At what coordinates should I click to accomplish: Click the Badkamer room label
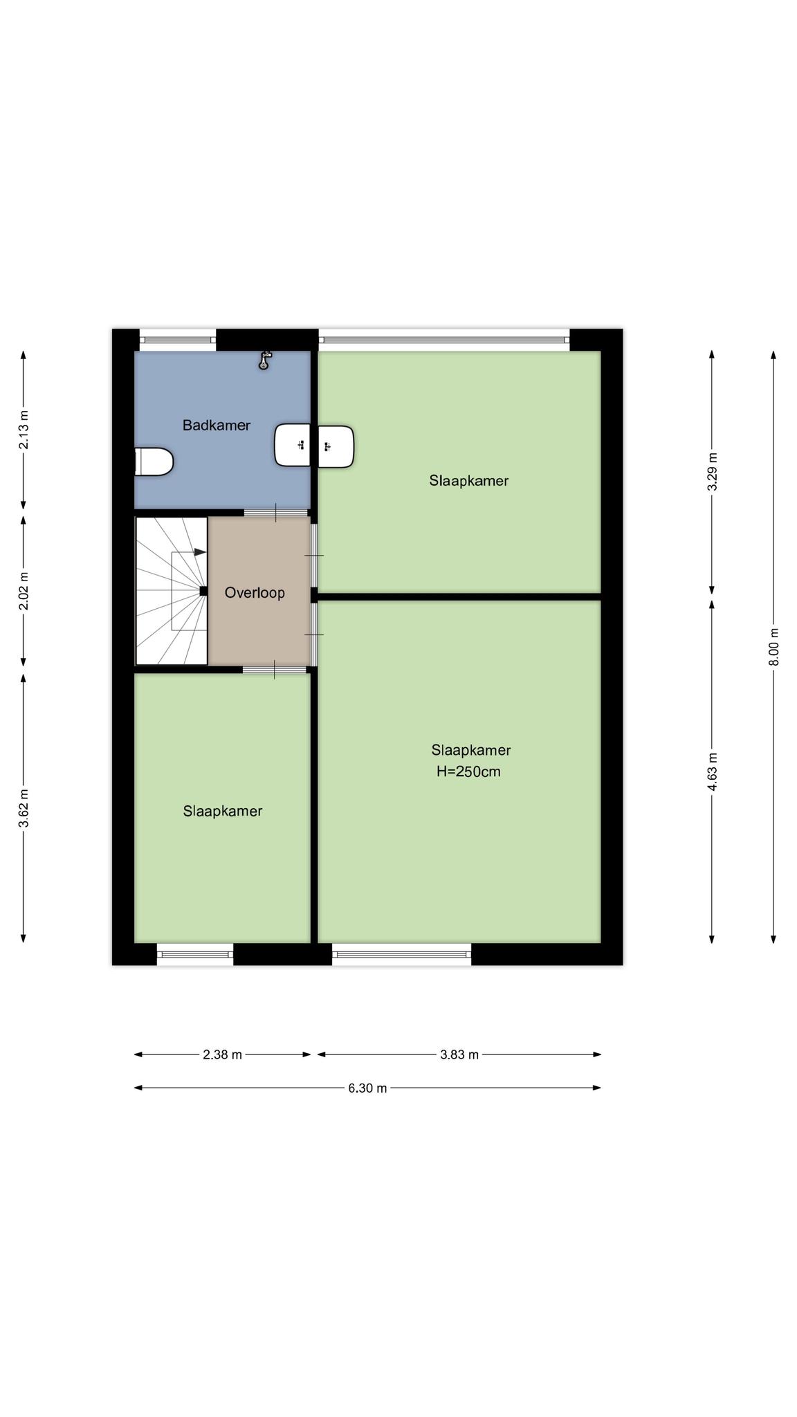[217, 426]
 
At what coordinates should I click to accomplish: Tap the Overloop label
[255, 593]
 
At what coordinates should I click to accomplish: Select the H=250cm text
[468, 771]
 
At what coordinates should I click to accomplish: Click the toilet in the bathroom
[153, 461]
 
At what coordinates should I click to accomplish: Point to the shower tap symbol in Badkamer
[264, 360]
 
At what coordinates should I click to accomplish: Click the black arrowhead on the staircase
[200, 552]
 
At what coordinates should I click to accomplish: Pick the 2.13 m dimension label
[24, 430]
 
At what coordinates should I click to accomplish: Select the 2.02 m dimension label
[24, 591]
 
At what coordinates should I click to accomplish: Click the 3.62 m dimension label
[24, 807]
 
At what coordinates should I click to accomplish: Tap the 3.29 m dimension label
[712, 472]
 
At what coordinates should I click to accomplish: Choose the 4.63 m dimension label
[712, 771]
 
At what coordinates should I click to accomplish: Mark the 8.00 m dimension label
[773, 647]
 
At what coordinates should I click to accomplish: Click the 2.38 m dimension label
[222, 1054]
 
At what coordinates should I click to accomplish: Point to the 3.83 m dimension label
[459, 1054]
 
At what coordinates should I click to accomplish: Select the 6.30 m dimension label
[367, 1088]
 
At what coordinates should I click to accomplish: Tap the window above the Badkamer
[178, 340]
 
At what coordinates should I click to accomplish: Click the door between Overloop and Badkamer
[276, 513]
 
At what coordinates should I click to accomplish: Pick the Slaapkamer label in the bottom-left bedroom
[223, 811]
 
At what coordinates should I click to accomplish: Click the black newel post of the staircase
[203, 591]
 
